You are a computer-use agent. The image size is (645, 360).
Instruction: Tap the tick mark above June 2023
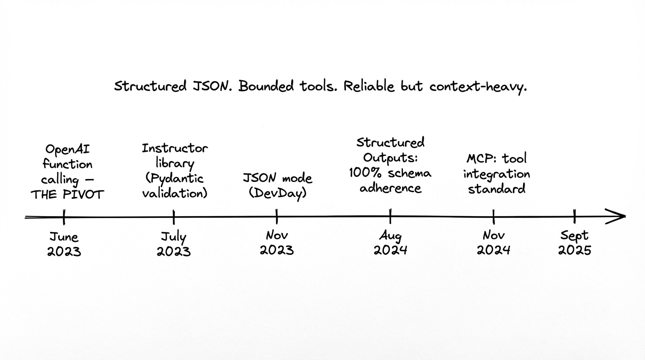tap(64, 217)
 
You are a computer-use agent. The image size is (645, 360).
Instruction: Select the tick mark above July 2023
tap(173, 217)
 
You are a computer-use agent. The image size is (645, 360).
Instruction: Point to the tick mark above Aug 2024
tap(390, 217)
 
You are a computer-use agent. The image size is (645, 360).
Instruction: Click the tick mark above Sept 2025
tap(575, 217)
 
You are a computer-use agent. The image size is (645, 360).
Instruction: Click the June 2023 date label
tap(64, 244)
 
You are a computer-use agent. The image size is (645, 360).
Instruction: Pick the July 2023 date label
tap(173, 244)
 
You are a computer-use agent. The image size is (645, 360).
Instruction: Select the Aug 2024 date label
tap(390, 242)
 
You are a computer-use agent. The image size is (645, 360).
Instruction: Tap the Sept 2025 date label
tap(575, 242)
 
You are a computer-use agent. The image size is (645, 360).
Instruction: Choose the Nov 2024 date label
tap(494, 242)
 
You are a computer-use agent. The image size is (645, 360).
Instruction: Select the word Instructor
tap(174, 149)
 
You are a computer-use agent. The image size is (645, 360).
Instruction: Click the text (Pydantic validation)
tap(174, 186)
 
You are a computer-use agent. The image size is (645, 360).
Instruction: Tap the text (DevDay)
tap(277, 193)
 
